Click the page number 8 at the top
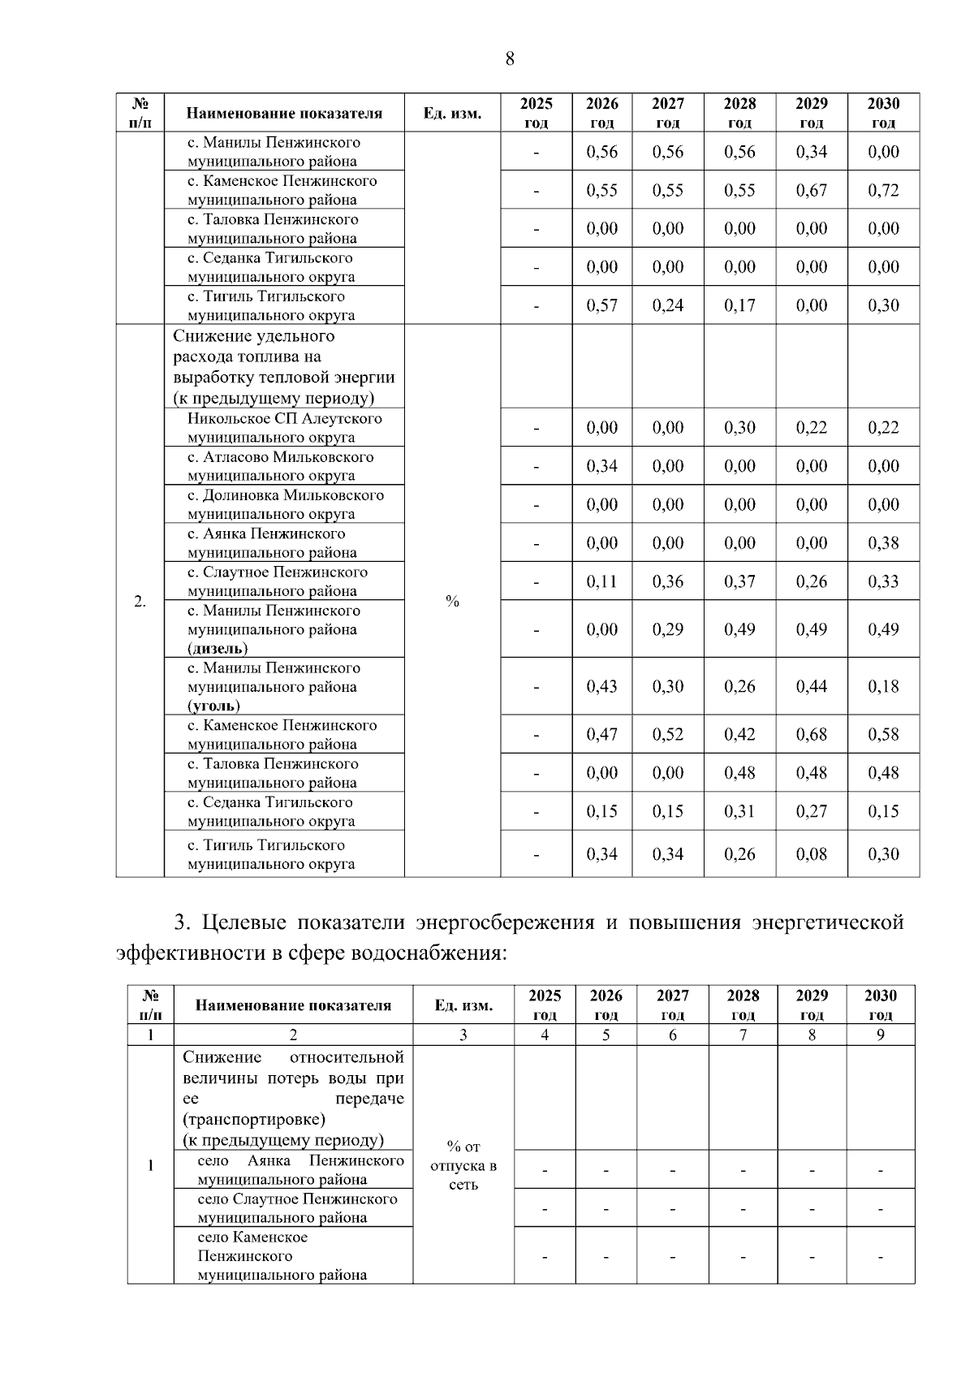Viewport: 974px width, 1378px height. pos(509,58)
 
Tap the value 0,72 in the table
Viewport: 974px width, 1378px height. pos(883,190)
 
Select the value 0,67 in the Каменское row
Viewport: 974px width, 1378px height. pos(811,190)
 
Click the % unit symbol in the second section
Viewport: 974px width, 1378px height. pos(452,601)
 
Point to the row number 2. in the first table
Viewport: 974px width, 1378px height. pos(140,601)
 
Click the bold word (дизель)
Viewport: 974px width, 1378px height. pos(218,648)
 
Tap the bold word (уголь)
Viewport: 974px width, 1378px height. pos(213,706)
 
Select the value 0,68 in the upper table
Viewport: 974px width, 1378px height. pos(811,734)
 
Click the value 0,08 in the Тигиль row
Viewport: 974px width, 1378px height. pos(811,853)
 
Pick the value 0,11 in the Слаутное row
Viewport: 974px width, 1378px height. pos(601,581)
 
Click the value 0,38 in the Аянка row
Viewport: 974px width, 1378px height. pos(883,543)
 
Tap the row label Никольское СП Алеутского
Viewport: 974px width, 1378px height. pos(284,419)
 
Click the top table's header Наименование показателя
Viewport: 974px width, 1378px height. pos(284,113)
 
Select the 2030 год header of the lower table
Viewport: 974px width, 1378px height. pos(880,1004)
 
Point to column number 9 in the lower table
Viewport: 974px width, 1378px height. pos(880,1035)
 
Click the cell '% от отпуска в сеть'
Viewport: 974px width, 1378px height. pos(463,1165)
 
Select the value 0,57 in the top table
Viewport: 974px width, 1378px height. pos(601,305)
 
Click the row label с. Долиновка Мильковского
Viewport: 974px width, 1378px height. pos(285,495)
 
